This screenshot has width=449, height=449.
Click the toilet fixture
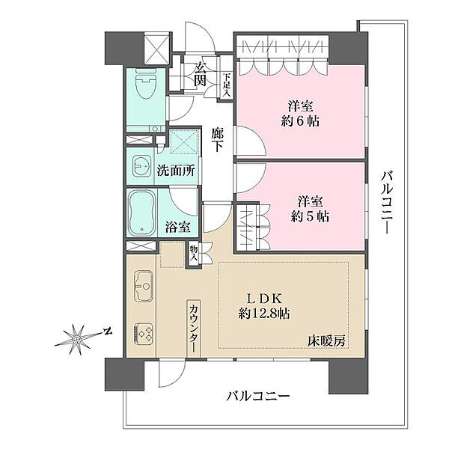point(146,83)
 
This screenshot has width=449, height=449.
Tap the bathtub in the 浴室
point(141,213)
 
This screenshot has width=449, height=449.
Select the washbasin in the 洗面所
point(141,166)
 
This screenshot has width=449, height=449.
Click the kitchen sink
point(143,286)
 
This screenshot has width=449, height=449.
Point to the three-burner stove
point(143,334)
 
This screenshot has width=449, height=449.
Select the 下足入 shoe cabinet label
point(227,85)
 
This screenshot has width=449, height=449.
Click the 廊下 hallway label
point(218,140)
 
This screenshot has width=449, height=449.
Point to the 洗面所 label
point(176,171)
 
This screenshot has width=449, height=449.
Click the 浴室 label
point(178,227)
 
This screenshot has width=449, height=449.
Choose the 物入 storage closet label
point(194,254)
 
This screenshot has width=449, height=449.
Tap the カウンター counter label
point(194,328)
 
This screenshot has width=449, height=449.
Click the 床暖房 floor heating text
point(326,341)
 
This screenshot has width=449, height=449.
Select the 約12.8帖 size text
point(264,314)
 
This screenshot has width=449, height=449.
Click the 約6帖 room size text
point(300,121)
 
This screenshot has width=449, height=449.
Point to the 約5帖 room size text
point(310,217)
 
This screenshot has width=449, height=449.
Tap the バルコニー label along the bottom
point(258,397)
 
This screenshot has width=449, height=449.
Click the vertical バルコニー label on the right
point(386,203)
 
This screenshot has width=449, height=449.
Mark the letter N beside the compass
point(108,332)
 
